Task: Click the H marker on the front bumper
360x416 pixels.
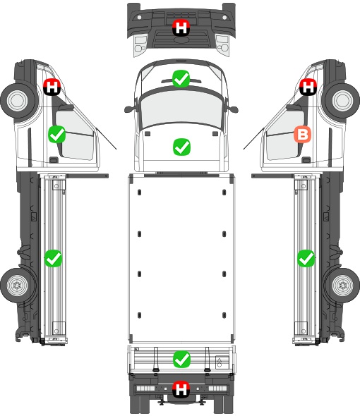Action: point(181,27)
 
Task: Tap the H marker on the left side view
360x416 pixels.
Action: point(52,87)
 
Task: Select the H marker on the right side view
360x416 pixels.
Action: point(308,87)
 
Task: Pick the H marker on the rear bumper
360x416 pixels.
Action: point(181,389)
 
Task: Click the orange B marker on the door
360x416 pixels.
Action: point(302,134)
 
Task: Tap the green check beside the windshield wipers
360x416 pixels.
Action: point(181,78)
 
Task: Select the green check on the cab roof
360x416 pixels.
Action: point(181,147)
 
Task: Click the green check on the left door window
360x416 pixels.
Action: point(57,134)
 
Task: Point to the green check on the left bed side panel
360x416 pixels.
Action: point(53,258)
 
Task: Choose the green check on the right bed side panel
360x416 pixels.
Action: point(306,258)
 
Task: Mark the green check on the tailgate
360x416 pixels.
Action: point(181,359)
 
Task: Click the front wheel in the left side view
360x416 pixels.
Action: point(18,100)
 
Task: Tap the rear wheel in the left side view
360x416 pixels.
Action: point(18,285)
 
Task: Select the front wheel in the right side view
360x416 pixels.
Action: point(342,100)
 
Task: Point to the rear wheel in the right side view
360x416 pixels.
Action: point(343,285)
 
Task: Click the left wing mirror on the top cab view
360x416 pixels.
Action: point(129,109)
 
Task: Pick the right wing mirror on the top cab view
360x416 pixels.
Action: point(233,109)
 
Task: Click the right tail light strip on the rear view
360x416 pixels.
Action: point(218,389)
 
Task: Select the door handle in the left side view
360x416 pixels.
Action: point(54,160)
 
